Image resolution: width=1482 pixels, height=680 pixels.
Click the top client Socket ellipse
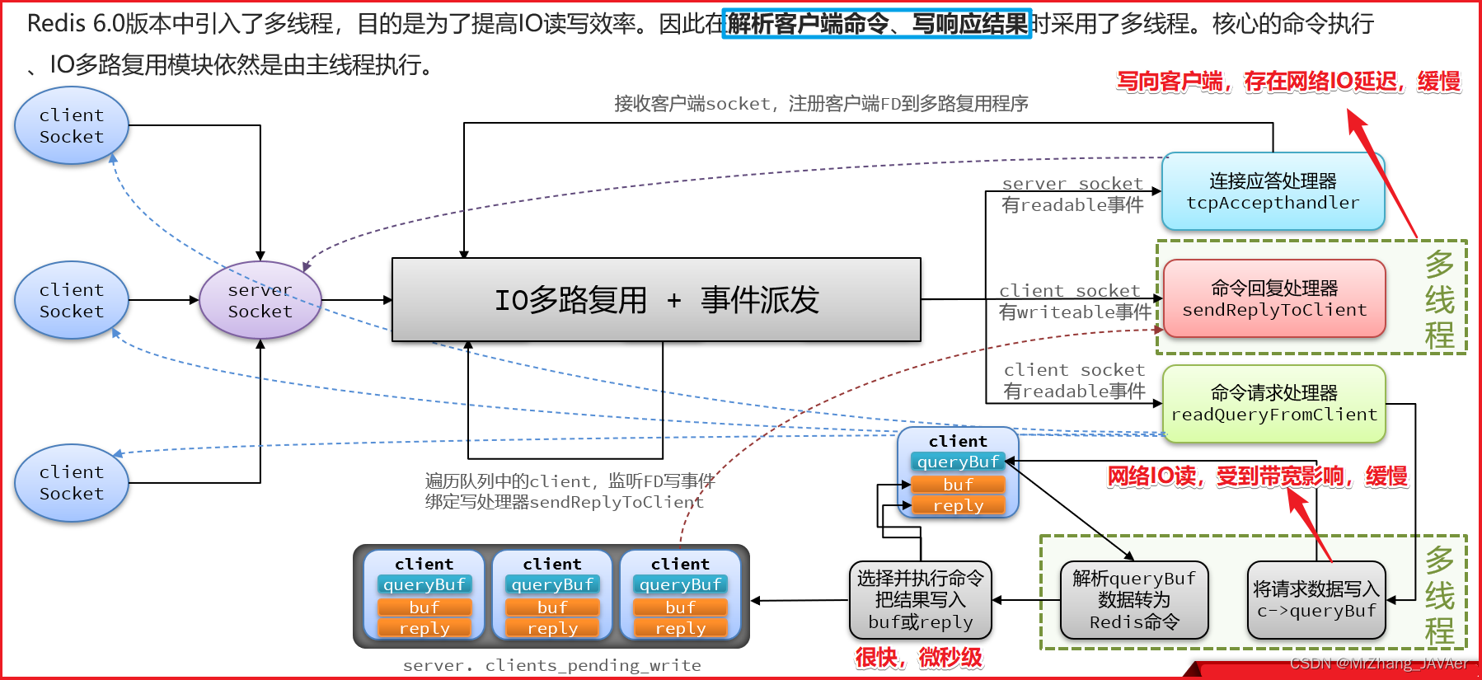coord(72,126)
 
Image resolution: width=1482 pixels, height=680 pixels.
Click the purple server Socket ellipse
coord(260,301)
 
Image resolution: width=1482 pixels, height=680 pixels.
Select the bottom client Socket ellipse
coord(72,483)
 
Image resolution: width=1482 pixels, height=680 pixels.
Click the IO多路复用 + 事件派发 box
coord(656,300)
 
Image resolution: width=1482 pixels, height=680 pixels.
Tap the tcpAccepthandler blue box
coord(1273,192)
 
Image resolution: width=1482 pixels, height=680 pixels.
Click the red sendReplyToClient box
coord(1273,299)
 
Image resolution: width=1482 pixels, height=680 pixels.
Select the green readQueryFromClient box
coord(1273,404)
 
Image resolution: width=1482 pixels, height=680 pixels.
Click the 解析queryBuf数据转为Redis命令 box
coord(1134,600)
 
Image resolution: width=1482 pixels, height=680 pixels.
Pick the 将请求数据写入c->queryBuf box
coord(1316,600)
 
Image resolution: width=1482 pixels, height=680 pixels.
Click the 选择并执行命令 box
coord(920,600)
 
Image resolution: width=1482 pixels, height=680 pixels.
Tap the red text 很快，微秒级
coord(918,658)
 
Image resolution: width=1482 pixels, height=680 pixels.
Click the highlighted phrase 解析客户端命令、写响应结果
coord(877,24)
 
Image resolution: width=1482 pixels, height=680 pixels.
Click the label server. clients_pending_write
coord(551,665)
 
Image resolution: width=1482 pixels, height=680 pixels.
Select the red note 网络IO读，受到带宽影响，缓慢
coord(1257,476)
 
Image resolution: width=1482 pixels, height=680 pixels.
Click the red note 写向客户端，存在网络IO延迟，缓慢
coord(1288,82)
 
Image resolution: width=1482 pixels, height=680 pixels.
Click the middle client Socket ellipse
coord(72,301)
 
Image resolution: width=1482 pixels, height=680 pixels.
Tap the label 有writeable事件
coord(1074,312)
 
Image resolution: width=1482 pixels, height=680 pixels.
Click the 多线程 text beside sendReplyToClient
coord(1439,299)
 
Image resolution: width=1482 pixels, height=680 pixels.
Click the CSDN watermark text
coord(1378,664)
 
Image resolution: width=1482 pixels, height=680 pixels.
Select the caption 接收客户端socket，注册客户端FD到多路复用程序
coord(821,104)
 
